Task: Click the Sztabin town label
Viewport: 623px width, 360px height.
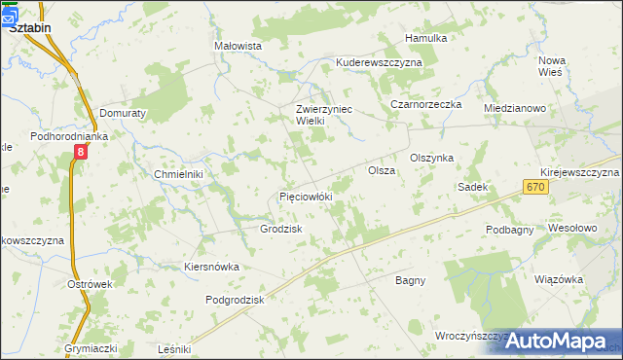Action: tap(30, 28)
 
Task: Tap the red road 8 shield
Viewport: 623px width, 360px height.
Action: tap(81, 153)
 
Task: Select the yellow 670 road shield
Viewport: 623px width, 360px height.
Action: tap(533, 186)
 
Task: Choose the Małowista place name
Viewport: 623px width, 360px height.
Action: tap(238, 46)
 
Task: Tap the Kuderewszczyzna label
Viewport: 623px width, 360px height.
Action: tap(379, 62)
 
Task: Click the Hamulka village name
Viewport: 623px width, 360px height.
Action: tap(426, 38)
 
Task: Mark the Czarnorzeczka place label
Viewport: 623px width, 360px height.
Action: tap(425, 104)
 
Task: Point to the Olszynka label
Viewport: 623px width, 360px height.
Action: tap(432, 158)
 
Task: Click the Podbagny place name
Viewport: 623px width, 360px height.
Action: tap(511, 230)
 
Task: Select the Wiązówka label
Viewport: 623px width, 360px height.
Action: tap(559, 279)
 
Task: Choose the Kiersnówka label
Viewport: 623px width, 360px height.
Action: tap(211, 267)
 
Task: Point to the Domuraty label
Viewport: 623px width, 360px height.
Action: tap(122, 113)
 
